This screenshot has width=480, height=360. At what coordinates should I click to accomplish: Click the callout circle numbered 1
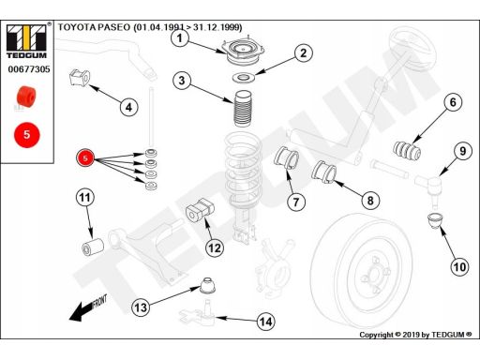[x=180, y=38]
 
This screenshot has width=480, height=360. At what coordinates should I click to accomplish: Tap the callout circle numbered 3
[x=182, y=81]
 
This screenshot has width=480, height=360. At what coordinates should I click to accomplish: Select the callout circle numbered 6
[x=453, y=102]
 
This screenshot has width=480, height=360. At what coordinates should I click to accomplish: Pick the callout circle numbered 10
[x=459, y=267]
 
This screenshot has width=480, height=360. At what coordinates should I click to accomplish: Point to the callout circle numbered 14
[x=266, y=322]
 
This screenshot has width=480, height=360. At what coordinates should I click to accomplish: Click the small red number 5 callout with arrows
[x=85, y=158]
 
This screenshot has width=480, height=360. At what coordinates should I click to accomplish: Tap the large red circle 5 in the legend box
[x=27, y=135]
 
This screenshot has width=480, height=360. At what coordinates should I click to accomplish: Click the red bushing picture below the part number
[x=26, y=97]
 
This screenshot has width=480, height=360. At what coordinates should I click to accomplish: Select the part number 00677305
[x=29, y=69]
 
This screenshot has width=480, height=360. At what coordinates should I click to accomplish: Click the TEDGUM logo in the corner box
[x=26, y=41]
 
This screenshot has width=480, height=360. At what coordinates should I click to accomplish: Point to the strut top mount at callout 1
[x=243, y=51]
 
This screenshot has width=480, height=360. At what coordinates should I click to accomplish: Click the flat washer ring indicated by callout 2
[x=244, y=78]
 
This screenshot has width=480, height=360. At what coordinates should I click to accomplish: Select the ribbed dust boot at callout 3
[x=242, y=109]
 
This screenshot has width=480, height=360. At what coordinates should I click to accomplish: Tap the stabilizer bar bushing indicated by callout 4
[x=79, y=78]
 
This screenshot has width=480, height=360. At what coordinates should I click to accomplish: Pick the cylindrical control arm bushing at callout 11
[x=93, y=247]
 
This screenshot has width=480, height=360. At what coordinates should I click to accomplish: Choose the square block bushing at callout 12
[x=200, y=210]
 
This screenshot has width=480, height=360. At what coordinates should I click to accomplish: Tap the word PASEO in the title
[x=114, y=27]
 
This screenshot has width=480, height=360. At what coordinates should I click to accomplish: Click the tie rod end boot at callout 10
[x=435, y=221]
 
